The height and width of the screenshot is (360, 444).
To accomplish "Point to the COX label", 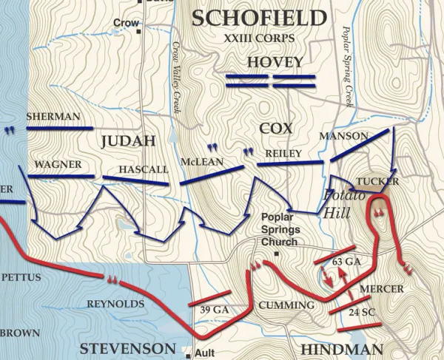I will pyautogui.click(x=276, y=128).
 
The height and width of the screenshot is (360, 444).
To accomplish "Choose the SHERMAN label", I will pyautogui.click(x=53, y=117).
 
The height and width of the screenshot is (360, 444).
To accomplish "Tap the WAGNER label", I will pyautogui.click(x=57, y=164).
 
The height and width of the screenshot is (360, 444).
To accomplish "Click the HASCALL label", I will pyautogui.click(x=144, y=169).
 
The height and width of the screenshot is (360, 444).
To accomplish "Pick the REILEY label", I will pyautogui.click(x=280, y=152).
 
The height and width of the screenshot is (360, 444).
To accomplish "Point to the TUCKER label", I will pyautogui.click(x=377, y=181).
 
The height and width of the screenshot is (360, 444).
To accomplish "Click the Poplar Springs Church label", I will pyautogui.click(x=278, y=230).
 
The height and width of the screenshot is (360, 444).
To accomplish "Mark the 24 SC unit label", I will pyautogui.click(x=362, y=312).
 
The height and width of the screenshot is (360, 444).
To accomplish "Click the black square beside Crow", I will pyautogui.click(x=138, y=32).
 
